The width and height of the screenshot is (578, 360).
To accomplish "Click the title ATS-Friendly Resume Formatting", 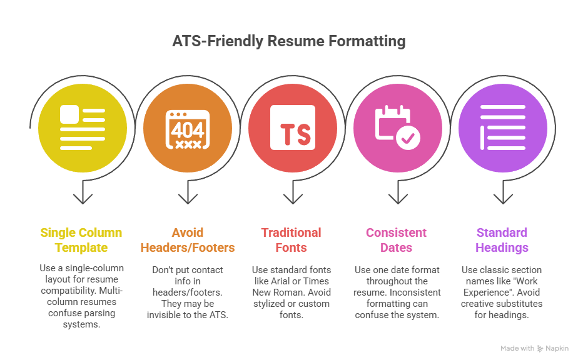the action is [289, 42].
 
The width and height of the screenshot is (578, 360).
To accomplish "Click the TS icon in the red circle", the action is [293, 127].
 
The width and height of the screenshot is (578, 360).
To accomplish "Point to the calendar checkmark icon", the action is [397, 127].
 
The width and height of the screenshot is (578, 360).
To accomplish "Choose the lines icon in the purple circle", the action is [502, 127].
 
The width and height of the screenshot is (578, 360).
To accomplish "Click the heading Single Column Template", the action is [81, 240].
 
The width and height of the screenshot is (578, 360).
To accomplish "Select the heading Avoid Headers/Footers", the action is [188, 240].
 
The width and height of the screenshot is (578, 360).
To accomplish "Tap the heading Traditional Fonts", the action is [291, 240].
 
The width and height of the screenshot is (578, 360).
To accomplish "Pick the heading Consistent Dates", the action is [397, 240].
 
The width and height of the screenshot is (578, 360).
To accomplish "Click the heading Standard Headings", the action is [502, 240].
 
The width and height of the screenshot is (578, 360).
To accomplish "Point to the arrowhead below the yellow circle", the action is [83, 199].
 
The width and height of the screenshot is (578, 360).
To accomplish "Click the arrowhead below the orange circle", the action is [188, 199].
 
